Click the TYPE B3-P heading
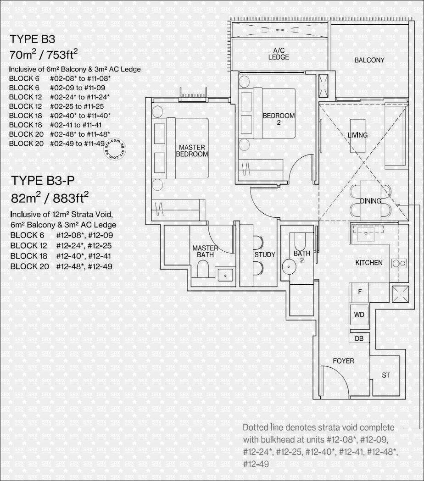point(43,181)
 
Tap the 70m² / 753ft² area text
point(44,54)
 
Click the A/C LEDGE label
point(279,54)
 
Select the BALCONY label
point(369,60)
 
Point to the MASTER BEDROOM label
point(192,150)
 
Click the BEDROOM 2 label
point(279,119)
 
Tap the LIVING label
point(357,135)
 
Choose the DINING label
point(371,201)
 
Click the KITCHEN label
point(369,263)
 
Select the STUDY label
point(265,254)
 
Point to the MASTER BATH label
point(205,251)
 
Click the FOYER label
point(343,361)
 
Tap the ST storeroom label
point(386,375)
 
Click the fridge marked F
point(360,292)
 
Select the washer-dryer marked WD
point(359,315)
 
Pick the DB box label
point(359,338)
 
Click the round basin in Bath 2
point(289,266)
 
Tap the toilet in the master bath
point(203,268)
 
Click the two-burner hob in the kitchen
point(399,263)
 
